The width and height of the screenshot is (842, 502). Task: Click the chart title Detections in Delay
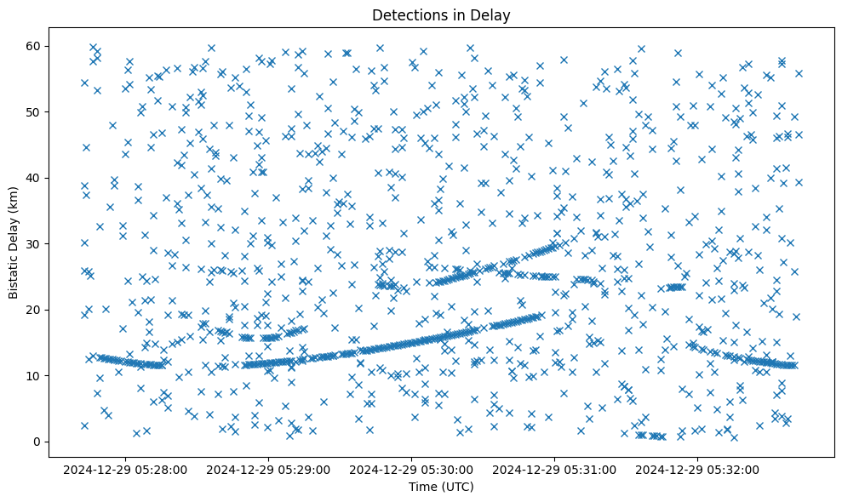click(441, 15)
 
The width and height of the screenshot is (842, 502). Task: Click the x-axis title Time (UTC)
click(441, 487)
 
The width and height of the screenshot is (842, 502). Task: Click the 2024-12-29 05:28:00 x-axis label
click(125, 470)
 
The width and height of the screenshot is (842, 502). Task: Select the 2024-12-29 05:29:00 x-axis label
click(268, 470)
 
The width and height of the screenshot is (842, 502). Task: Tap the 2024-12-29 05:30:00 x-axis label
click(411, 470)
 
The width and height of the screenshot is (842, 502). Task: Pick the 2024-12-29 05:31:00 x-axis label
click(555, 470)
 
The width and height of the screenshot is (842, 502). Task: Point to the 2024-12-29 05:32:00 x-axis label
click(698, 470)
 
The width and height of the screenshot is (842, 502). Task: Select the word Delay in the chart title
click(493, 15)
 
